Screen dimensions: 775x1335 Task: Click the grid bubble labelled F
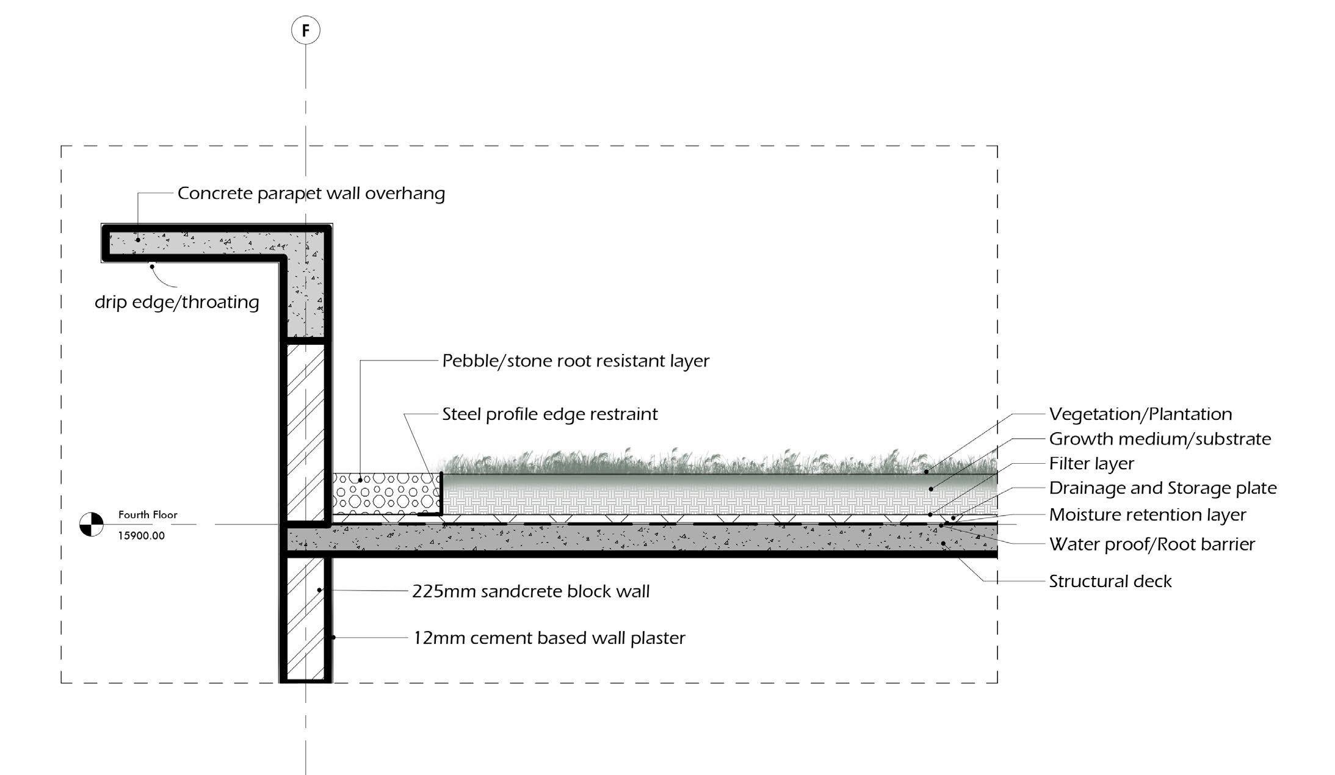[x=305, y=30]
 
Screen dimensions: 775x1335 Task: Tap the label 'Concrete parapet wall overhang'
[x=311, y=193]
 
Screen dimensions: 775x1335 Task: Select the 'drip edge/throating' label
[x=176, y=302]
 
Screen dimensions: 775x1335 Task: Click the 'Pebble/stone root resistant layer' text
[x=575, y=361]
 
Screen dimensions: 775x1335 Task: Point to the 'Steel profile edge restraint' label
[x=549, y=414]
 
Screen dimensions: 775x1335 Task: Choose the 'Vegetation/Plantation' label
[x=1140, y=414]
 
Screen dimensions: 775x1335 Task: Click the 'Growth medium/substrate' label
[x=1159, y=439]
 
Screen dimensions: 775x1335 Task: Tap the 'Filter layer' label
[x=1091, y=464]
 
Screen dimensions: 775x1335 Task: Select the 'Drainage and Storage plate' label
[x=1162, y=488]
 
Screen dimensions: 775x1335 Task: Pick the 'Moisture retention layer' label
[x=1147, y=515]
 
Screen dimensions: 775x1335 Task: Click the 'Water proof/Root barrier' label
[x=1151, y=544]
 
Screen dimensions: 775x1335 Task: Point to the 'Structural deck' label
[x=1110, y=581]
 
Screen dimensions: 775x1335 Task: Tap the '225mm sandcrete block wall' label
[x=530, y=591]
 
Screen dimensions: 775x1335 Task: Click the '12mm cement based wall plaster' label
[x=549, y=638]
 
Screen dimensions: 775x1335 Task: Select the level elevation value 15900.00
[x=141, y=536]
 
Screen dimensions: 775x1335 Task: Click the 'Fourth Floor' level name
[x=148, y=515]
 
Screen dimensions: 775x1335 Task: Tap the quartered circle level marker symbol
[x=92, y=524]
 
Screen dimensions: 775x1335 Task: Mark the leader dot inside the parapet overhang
[x=138, y=240]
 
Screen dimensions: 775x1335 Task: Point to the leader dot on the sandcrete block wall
[x=319, y=590]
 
